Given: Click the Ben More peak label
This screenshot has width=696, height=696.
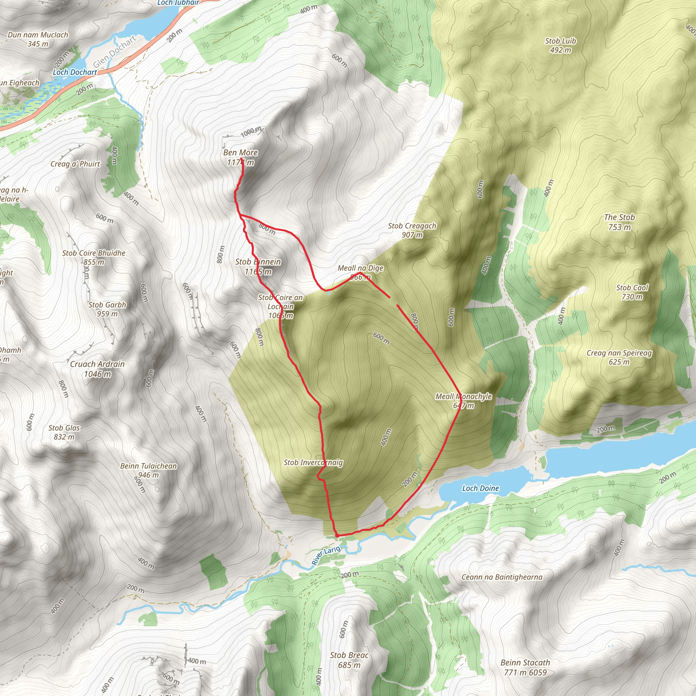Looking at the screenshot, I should coord(240,153).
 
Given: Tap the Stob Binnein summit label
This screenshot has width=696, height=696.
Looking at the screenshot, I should coord(258,262).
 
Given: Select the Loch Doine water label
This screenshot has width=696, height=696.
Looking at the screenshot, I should coord(480,488).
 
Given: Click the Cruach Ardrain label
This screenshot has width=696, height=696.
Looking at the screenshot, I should coord(97,364).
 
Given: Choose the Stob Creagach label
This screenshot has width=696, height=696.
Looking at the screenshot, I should coord(412,226).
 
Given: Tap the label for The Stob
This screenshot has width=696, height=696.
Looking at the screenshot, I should coord(619,217).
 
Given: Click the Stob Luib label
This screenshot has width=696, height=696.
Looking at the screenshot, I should coord(560,41).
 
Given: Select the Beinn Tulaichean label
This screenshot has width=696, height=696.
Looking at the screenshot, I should coord(149,466).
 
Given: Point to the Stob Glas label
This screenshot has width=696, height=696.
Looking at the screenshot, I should coord(64,428).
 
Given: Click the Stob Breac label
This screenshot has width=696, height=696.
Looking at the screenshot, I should coord(349,655).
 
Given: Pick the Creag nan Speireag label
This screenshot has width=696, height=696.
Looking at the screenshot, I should coord(619,353).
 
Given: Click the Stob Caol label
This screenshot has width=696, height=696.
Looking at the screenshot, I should coord(632,288).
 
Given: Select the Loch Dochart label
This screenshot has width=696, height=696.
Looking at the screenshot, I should coord(75,72).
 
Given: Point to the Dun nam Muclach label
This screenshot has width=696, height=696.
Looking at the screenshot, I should coord(38,35).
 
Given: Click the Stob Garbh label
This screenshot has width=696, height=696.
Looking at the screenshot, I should coord(107,305).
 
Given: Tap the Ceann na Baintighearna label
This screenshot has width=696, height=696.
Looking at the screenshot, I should coord(502,577).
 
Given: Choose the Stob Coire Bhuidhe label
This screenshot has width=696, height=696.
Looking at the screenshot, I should coord(94,253).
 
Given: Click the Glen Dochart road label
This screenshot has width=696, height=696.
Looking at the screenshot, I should coord(115,52).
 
